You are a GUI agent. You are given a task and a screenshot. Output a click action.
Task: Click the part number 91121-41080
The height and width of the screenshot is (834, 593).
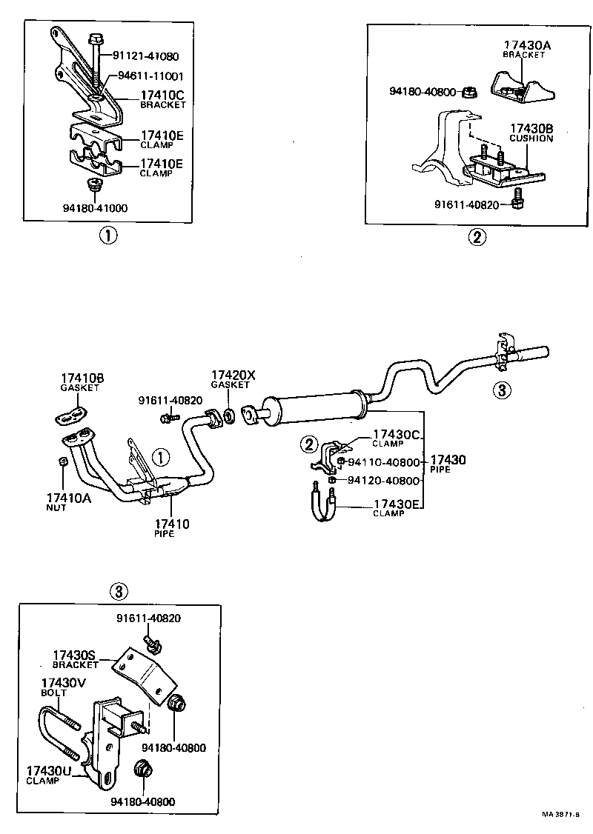145,56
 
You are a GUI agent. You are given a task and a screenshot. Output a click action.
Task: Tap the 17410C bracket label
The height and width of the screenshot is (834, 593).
163,99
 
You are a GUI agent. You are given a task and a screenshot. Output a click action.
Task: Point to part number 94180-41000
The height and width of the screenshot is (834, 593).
95,208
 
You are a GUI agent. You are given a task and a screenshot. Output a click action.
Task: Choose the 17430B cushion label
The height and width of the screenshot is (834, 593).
531,133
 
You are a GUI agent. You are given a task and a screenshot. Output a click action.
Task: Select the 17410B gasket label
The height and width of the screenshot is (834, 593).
82,383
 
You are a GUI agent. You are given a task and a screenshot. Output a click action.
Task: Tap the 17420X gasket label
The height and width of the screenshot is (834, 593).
233,379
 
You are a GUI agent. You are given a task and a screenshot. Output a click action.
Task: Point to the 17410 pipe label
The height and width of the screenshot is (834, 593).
171,527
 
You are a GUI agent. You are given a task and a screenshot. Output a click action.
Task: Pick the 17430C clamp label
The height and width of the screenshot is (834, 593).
397,438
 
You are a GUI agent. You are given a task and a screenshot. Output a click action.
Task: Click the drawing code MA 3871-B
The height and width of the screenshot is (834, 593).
562,815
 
